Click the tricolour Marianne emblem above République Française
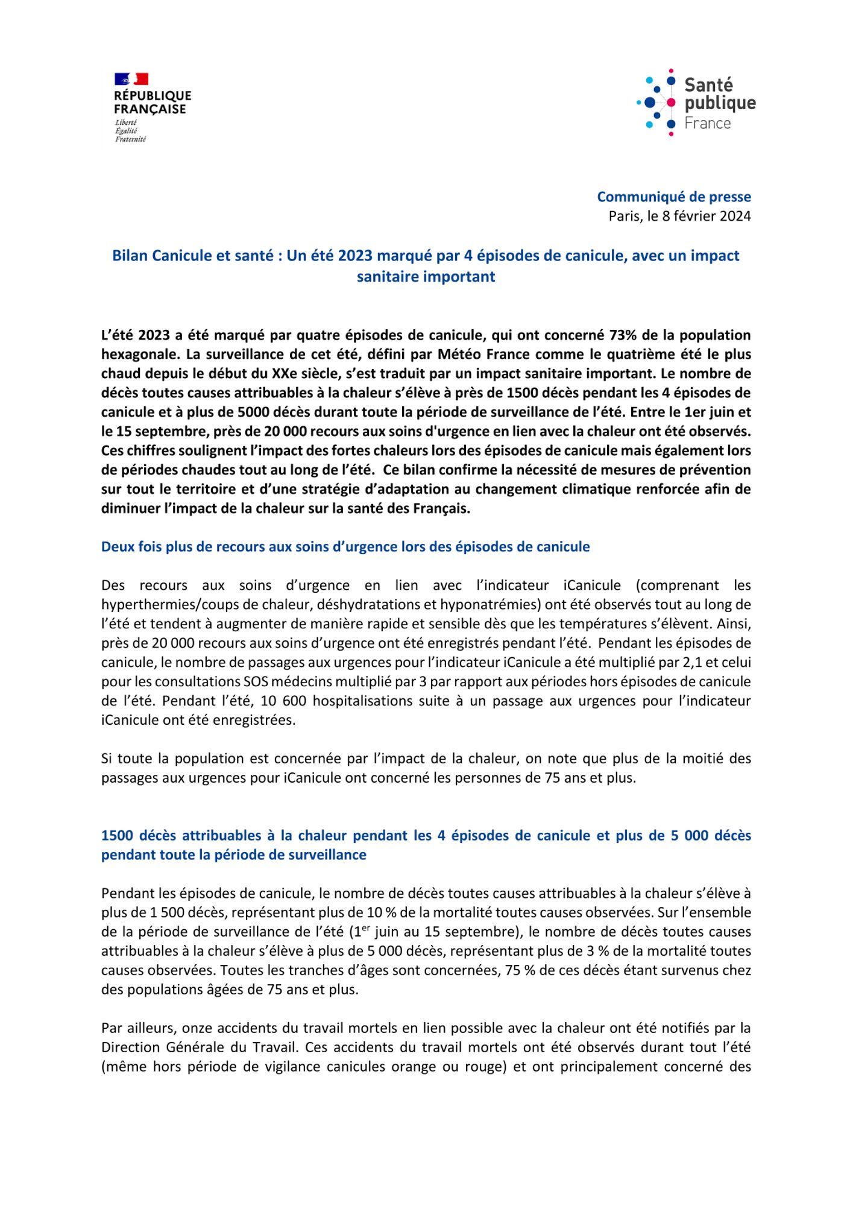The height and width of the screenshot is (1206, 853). pyautogui.click(x=131, y=79)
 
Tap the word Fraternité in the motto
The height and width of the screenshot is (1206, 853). pyautogui.click(x=130, y=140)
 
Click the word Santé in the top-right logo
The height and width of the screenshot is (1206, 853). pyautogui.click(x=708, y=85)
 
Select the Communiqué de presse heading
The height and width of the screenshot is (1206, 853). pyautogui.click(x=673, y=197)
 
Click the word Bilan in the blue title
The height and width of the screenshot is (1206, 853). pyautogui.click(x=130, y=256)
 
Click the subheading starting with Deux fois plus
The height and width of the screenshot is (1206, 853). pyautogui.click(x=345, y=547)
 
